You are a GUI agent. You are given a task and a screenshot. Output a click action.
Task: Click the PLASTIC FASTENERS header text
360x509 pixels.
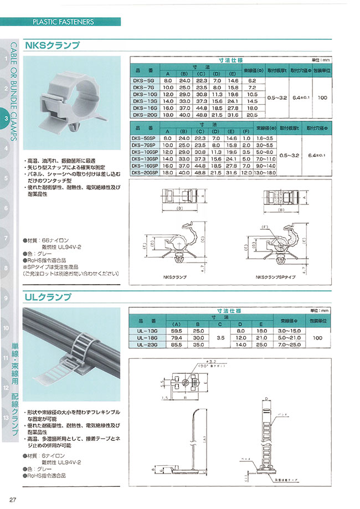pos(63,22)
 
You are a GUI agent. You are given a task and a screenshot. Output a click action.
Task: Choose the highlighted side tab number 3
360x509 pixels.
pos(6,119)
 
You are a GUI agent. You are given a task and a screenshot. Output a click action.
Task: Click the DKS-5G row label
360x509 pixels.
pos(145,80)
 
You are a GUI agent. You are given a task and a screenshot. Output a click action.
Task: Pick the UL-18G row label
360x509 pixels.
pos(146,337)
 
